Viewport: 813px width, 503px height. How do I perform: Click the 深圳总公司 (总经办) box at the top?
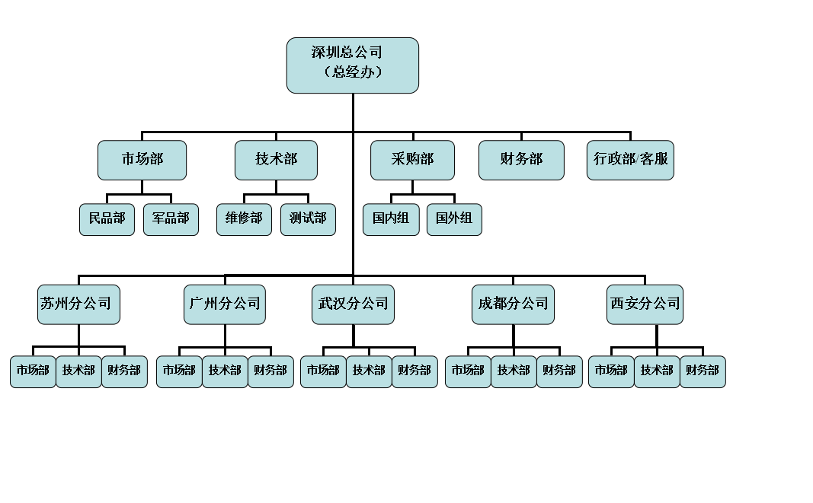[353, 65]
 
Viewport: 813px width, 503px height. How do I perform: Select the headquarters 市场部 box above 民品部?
[142, 160]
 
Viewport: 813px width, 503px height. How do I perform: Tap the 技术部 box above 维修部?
[276, 160]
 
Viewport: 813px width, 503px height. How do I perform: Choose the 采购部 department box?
[412, 160]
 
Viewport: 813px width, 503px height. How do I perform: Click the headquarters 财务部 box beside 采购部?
[521, 160]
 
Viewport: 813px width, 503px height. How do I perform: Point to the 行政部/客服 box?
[630, 160]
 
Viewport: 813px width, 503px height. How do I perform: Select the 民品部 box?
[107, 219]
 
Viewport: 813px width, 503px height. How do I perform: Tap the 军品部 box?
[171, 219]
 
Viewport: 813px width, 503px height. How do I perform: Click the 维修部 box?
[244, 219]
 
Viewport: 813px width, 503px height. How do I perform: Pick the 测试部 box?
[308, 219]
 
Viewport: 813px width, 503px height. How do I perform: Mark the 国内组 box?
[391, 219]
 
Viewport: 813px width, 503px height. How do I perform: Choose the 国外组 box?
[454, 219]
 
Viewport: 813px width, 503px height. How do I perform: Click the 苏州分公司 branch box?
[79, 304]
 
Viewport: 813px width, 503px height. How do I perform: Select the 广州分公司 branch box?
[224, 304]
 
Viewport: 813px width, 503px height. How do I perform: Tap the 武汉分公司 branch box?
[354, 304]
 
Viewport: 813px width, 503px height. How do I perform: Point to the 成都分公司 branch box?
[513, 304]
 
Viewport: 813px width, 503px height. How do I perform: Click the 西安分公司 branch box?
[645, 304]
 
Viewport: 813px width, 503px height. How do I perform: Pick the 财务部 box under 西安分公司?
[703, 371]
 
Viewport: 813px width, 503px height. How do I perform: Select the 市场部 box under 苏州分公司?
[33, 371]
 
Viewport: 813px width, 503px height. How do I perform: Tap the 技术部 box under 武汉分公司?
[369, 371]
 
